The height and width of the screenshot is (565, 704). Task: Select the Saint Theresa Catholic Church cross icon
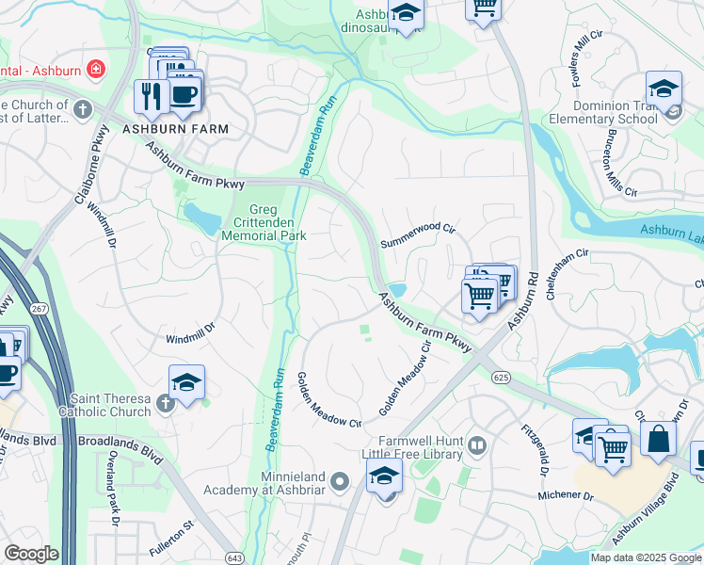click(x=166, y=403)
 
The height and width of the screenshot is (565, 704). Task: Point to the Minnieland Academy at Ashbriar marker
click(x=342, y=483)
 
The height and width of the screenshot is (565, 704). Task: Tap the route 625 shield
click(x=500, y=377)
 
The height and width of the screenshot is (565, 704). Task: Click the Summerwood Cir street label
click(x=418, y=236)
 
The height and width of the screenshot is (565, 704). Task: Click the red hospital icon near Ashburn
click(x=95, y=69)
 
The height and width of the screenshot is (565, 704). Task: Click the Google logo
click(x=31, y=554)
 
